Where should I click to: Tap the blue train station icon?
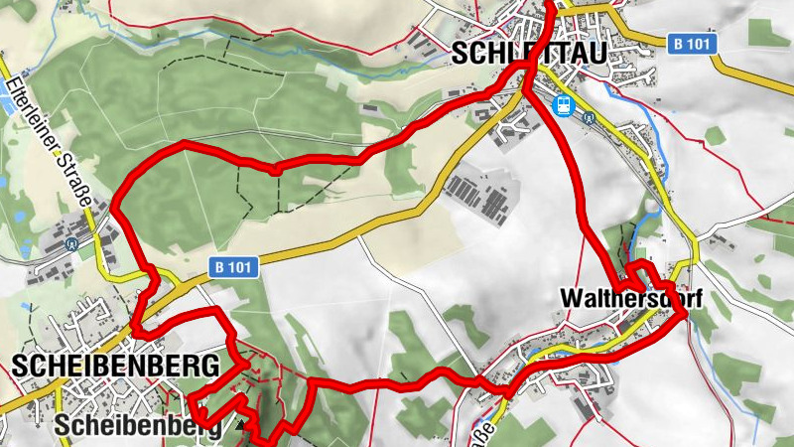pos(562,104)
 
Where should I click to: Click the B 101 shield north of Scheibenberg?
pos(234,266)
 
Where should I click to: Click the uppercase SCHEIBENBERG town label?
pos(116,365)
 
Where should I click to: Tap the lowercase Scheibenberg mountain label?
pos(144,424)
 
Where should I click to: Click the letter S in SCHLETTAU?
pos(459,54)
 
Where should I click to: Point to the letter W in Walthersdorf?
pos(571,297)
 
